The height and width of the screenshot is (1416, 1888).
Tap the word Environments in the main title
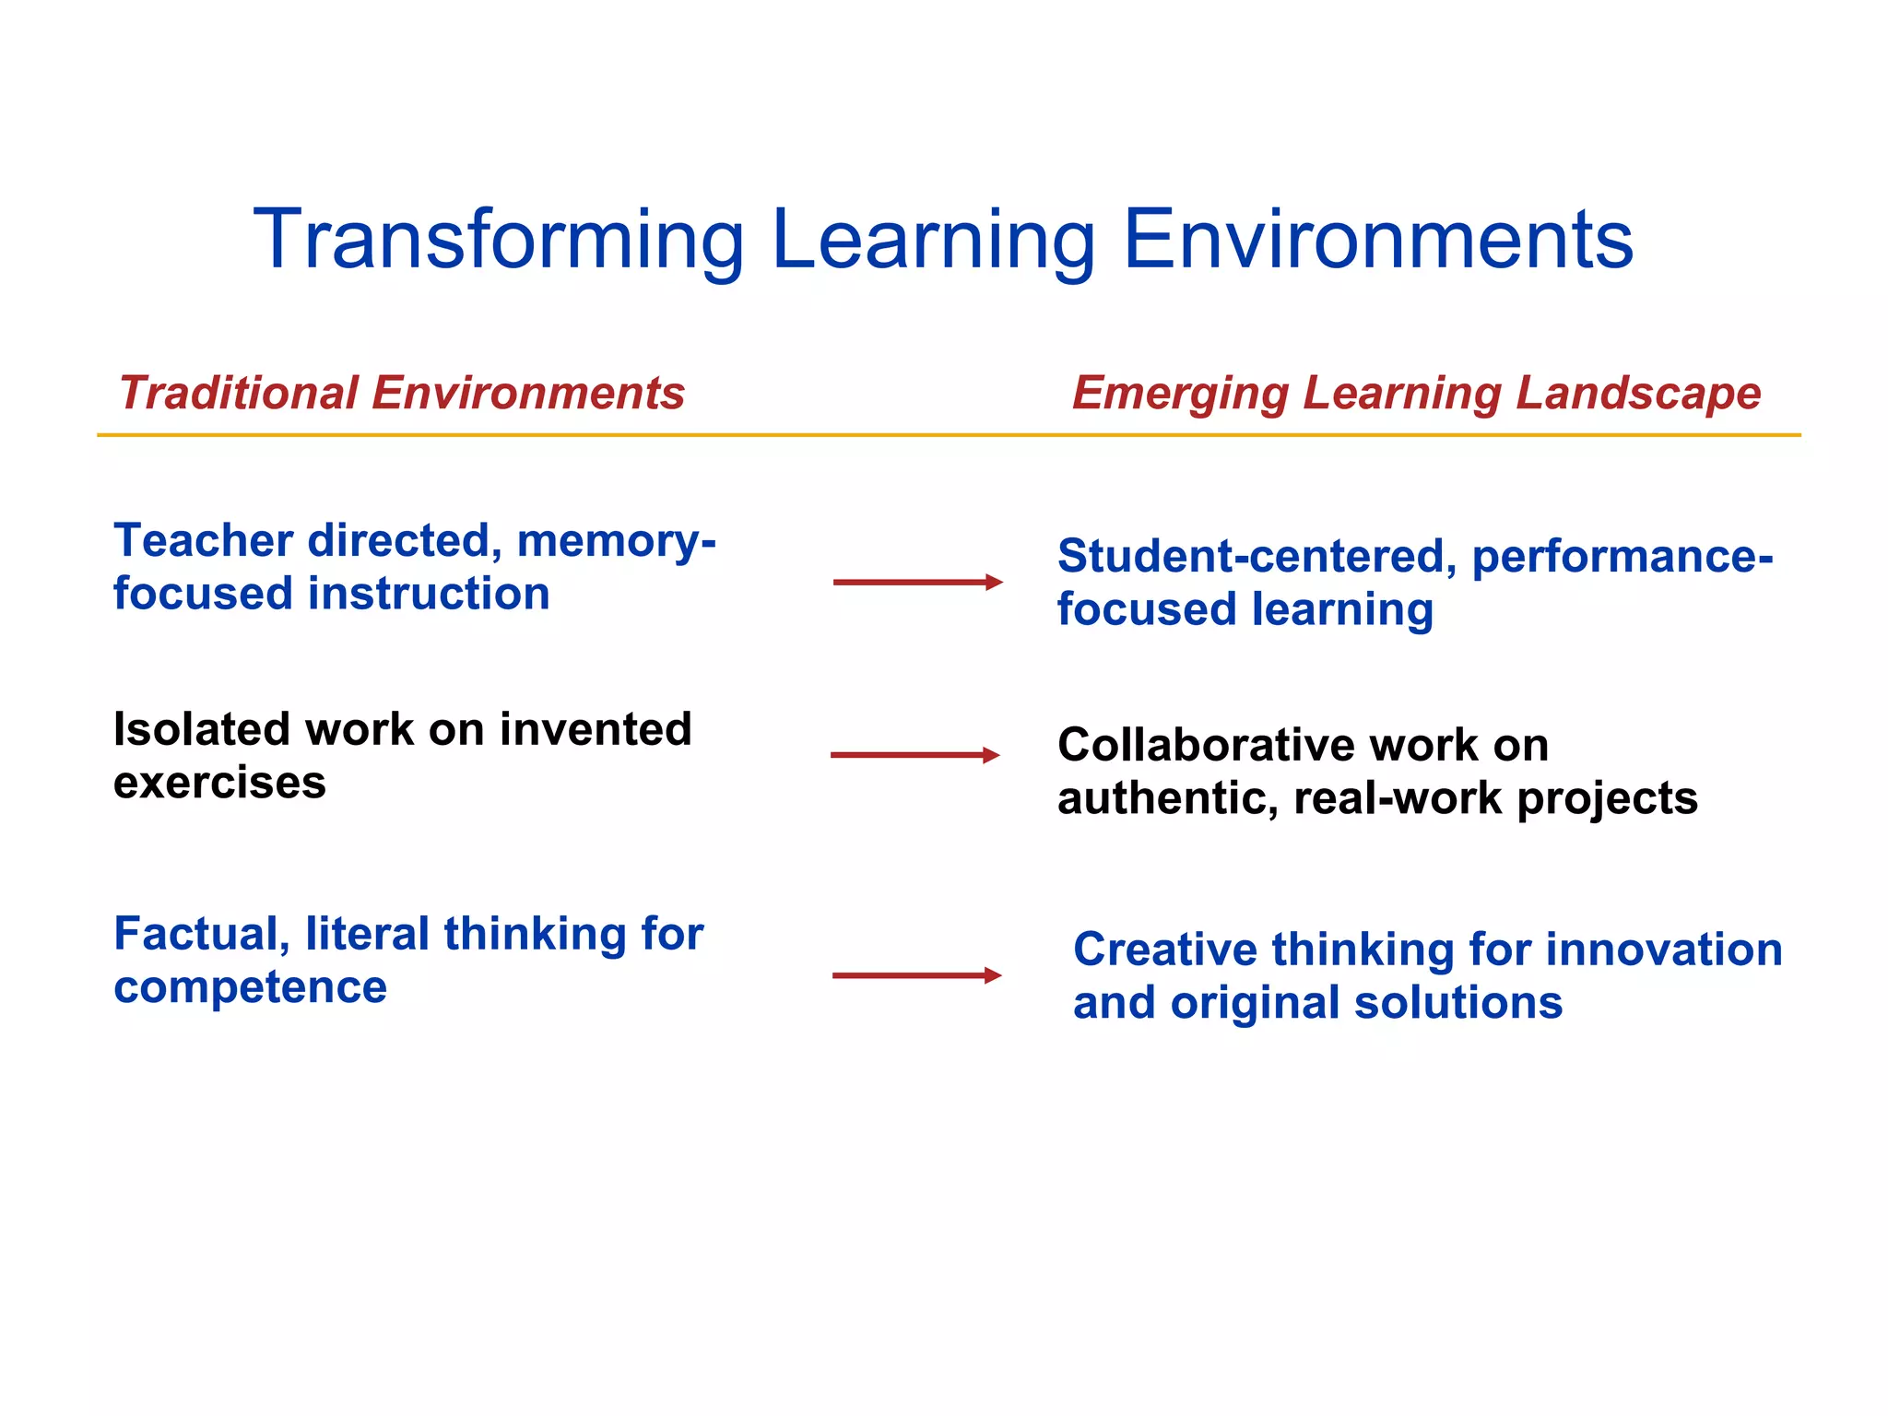(1378, 240)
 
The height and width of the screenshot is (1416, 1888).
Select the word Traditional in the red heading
(238, 393)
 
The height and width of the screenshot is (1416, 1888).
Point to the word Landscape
(1638, 393)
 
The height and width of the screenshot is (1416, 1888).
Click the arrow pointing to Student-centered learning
(917, 582)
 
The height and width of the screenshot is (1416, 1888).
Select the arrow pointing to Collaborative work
(914, 755)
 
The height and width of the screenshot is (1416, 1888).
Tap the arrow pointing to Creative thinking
(916, 975)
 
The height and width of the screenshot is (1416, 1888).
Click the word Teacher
(204, 540)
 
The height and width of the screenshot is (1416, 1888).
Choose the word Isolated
(203, 729)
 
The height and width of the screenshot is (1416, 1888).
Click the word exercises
(219, 784)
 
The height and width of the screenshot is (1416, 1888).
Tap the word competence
(250, 988)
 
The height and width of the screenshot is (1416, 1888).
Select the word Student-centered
(1257, 556)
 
